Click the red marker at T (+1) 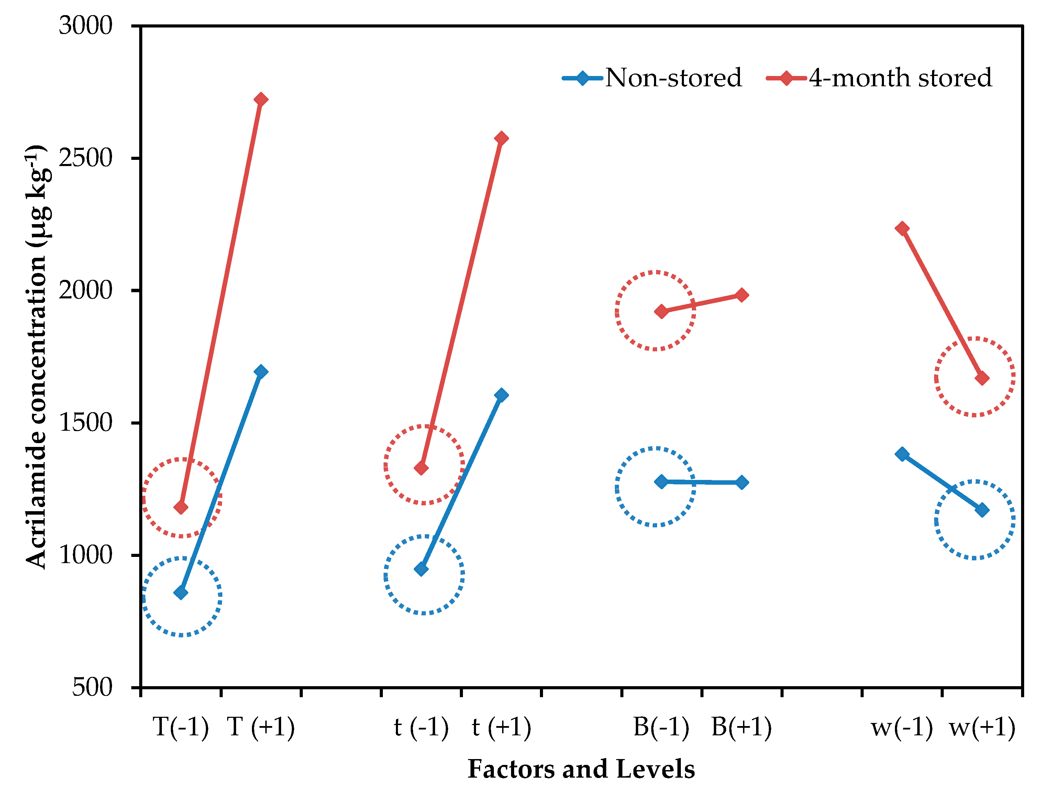pos(261,99)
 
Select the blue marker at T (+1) pos(261,372)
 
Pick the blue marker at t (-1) pos(421,569)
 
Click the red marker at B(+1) pos(742,295)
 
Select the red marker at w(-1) pos(902,228)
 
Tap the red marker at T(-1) pos(181,507)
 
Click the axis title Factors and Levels pos(581,769)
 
